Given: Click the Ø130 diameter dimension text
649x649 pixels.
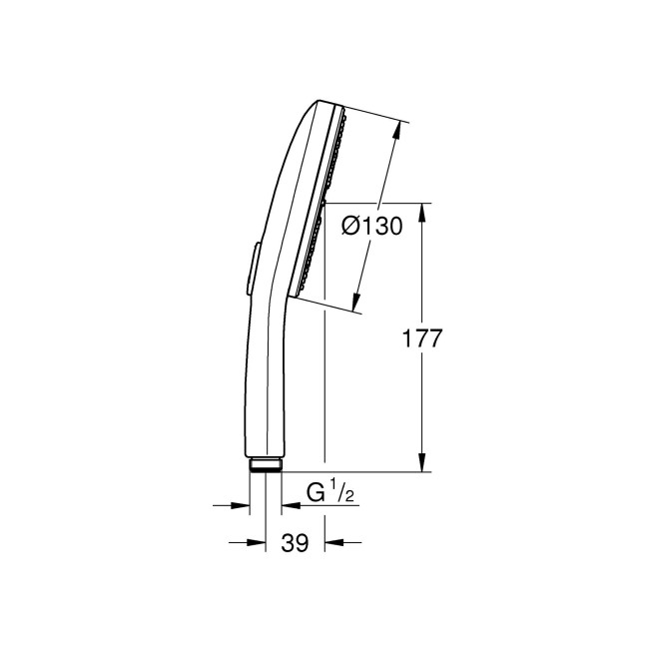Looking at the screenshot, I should tap(371, 227).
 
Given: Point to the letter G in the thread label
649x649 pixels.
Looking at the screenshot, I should tap(317, 492).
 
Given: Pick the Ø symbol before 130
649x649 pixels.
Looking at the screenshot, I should tap(350, 227).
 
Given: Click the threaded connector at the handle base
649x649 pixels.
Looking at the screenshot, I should tap(265, 463).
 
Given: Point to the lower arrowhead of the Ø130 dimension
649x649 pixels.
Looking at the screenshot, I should tap(357, 301).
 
